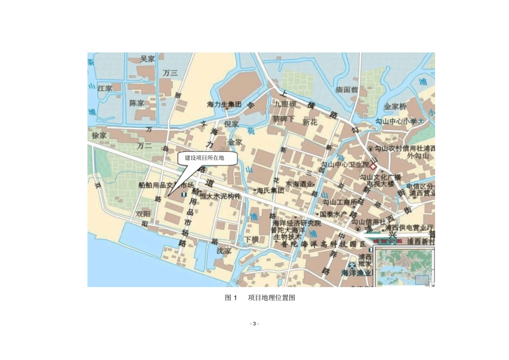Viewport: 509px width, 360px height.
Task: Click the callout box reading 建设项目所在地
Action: click(204, 158)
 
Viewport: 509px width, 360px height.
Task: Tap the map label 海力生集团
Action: click(224, 104)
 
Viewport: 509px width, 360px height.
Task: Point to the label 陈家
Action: click(137, 102)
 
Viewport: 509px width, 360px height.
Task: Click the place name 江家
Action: click(105, 88)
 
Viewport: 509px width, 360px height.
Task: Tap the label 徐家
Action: click(100, 136)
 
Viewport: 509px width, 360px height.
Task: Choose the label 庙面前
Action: click(346, 89)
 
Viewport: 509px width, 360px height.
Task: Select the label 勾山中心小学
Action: click(395, 122)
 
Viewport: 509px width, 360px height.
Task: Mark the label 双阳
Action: click(143, 213)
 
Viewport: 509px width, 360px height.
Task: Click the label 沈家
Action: click(224, 250)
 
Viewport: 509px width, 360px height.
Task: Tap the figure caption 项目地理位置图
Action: click(272, 298)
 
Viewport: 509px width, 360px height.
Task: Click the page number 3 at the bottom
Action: click(254, 323)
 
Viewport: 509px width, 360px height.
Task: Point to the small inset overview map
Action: click(403, 266)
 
